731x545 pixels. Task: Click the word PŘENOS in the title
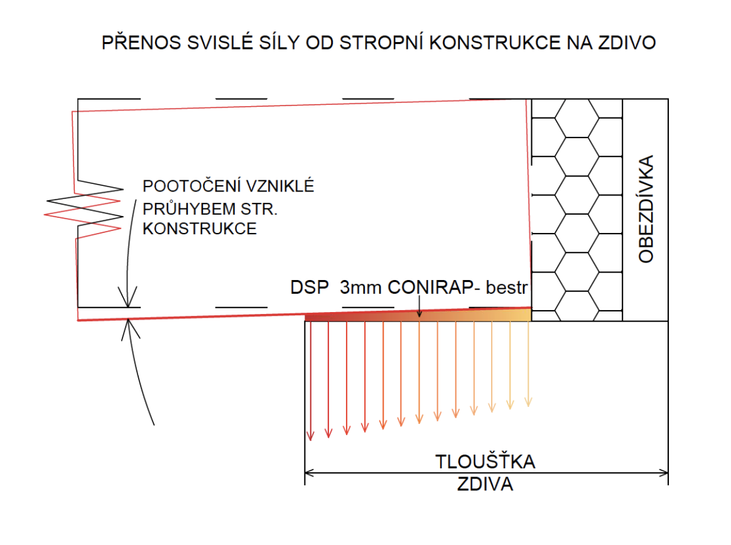coord(141,42)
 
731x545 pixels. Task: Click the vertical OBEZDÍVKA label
coord(646,209)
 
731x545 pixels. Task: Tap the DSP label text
coord(309,287)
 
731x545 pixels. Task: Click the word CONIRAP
coord(430,287)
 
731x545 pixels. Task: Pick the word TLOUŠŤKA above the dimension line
coord(485,461)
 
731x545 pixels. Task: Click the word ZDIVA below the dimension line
coord(485,484)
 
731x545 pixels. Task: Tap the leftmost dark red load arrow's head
coord(310,436)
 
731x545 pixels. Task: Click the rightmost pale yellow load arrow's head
coord(528,401)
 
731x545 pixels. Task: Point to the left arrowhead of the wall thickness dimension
coord(308,473)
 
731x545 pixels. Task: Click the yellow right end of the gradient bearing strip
coord(528,315)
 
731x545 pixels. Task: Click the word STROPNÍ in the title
coord(382,43)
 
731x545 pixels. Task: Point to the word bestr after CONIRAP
coord(506,288)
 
